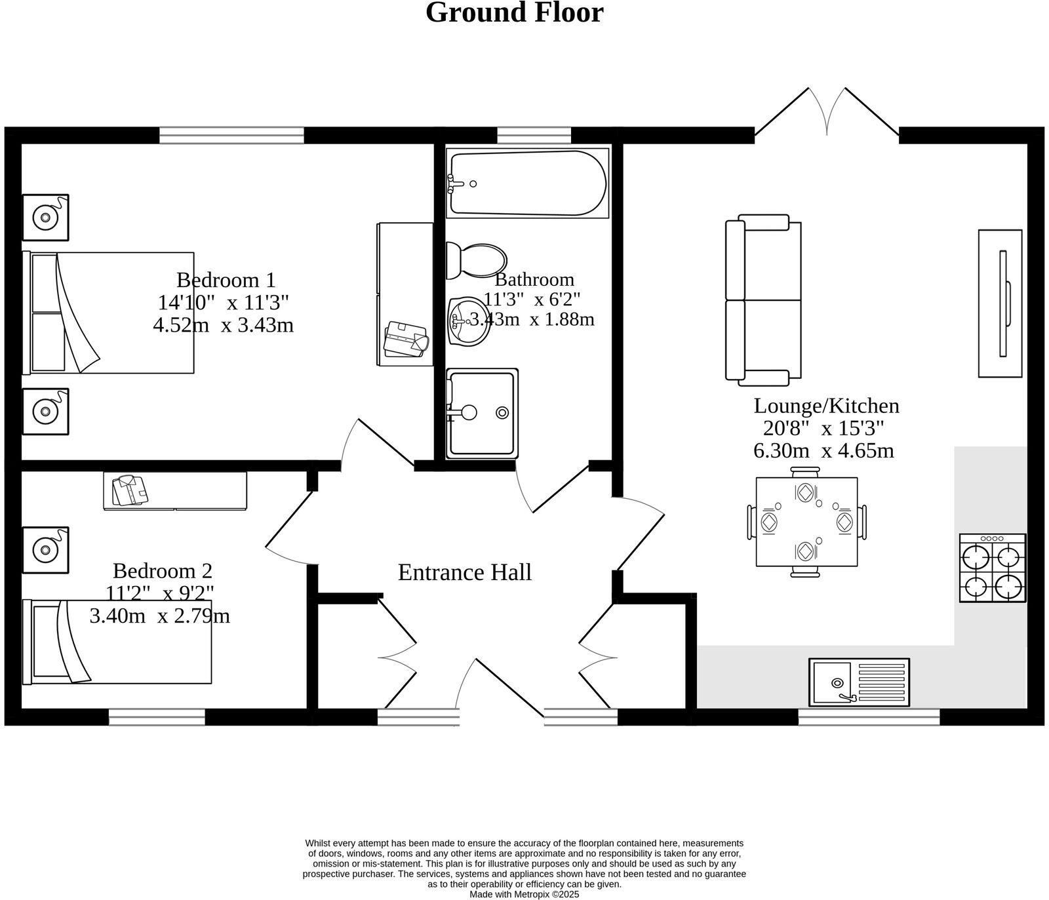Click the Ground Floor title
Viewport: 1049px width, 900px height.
(x=514, y=13)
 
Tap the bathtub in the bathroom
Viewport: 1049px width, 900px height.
(x=528, y=183)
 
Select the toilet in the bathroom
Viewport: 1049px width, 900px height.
(x=475, y=260)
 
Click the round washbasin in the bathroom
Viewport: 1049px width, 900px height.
(x=469, y=321)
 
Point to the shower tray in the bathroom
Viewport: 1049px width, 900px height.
(x=482, y=413)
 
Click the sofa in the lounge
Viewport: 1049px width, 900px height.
(x=763, y=300)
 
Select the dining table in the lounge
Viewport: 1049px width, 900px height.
(x=806, y=522)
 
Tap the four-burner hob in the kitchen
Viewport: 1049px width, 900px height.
(x=992, y=568)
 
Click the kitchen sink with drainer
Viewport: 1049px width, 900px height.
(x=859, y=682)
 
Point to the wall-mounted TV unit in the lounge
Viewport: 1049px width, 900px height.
(x=1000, y=303)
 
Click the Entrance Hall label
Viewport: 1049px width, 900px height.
(x=464, y=572)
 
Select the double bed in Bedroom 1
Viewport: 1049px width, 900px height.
(x=108, y=313)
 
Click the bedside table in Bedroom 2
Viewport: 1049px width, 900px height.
(x=45, y=549)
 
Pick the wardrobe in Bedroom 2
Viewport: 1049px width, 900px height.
(x=175, y=490)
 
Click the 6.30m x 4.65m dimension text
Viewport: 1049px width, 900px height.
(x=823, y=451)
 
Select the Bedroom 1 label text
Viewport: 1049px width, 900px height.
(x=226, y=280)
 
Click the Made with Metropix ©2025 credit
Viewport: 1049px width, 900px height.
(x=524, y=894)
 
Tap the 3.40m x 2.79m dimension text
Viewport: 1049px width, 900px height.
(x=159, y=616)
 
